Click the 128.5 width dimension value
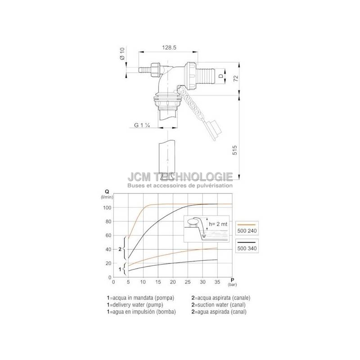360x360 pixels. [x=169, y=48]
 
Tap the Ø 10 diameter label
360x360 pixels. [x=122, y=53]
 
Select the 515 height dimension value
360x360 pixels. [x=234, y=150]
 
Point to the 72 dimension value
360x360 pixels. [x=236, y=78]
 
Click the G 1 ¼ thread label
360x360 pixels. [x=142, y=125]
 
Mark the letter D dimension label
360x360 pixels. [x=220, y=76]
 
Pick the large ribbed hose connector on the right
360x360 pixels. [x=206, y=76]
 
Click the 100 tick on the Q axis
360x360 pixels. [x=107, y=207]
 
